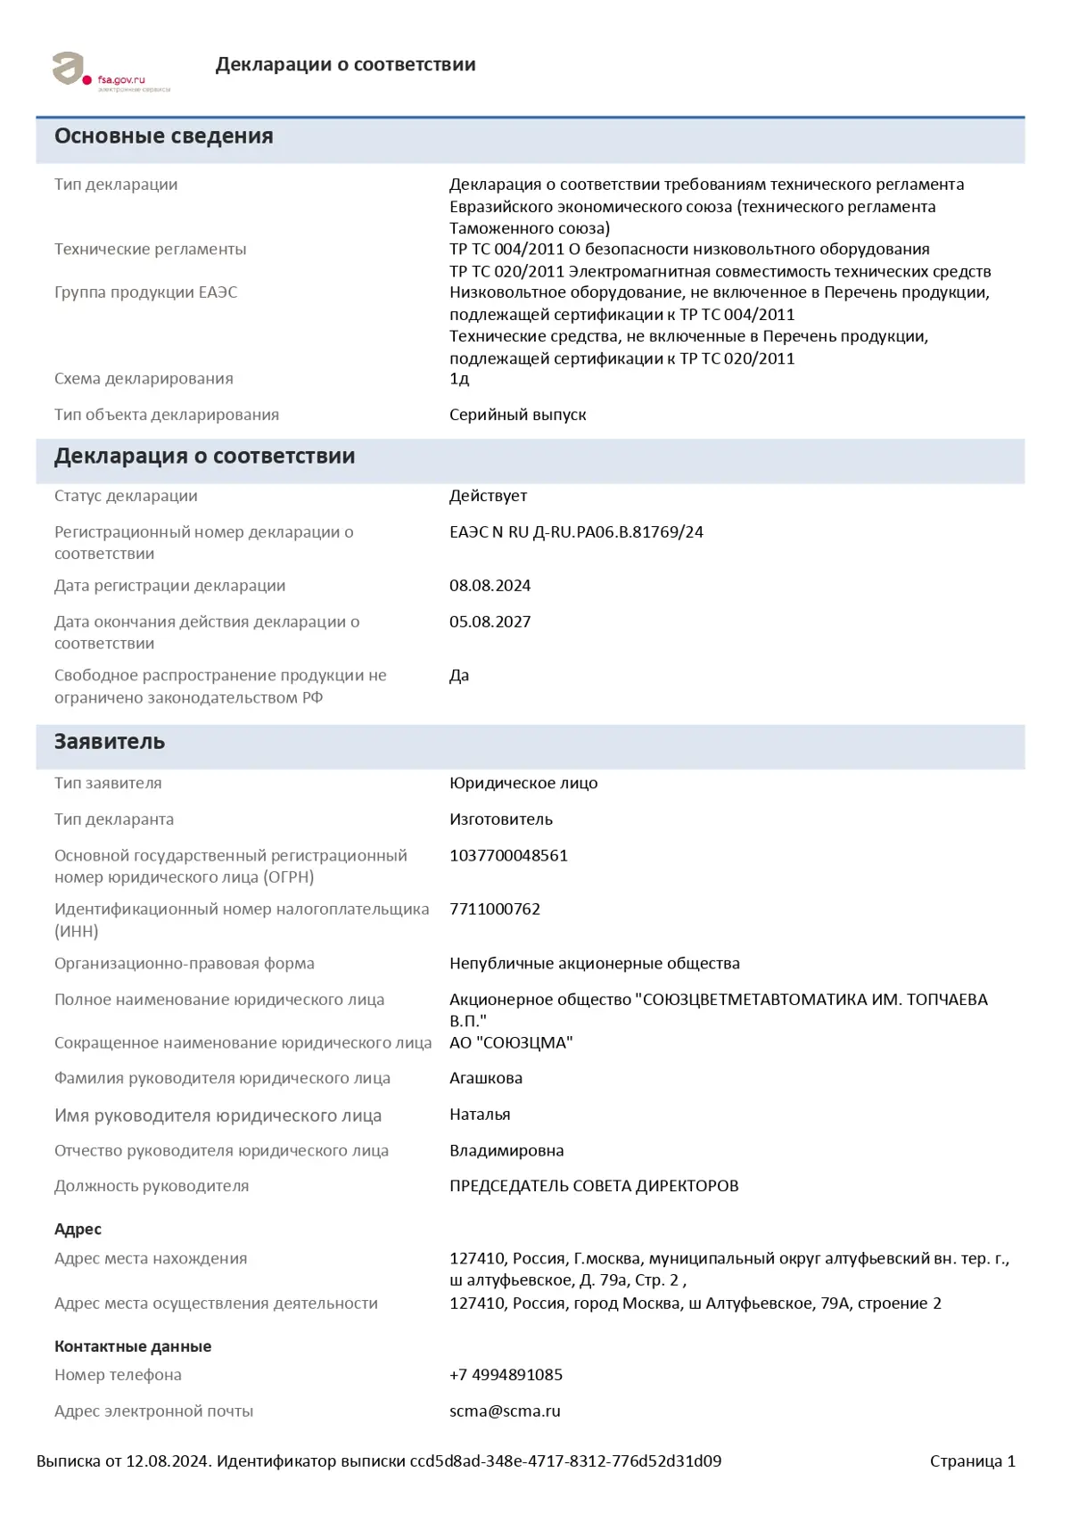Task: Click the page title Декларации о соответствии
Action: pos(345,64)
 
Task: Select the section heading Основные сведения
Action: pos(163,136)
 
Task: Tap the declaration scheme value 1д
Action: pos(459,379)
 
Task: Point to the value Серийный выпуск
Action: pos(517,415)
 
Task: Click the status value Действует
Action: pos(488,496)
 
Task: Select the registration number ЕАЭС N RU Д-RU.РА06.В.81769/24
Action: pos(576,532)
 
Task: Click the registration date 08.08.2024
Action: pos(490,586)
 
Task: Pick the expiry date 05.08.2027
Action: pos(490,621)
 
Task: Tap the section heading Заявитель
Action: pos(110,742)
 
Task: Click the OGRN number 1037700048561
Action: pos(508,855)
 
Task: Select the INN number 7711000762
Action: pos(495,909)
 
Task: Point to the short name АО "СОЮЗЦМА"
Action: pos(511,1042)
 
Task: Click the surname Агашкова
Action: pos(486,1078)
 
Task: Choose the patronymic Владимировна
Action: pos(506,1150)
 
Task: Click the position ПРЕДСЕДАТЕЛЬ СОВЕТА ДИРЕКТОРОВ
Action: pos(594,1186)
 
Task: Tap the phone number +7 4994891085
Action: pos(506,1375)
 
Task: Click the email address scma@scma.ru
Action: pos(505,1411)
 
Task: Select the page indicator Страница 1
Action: pos(972,1461)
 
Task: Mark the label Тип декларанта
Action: pos(114,819)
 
